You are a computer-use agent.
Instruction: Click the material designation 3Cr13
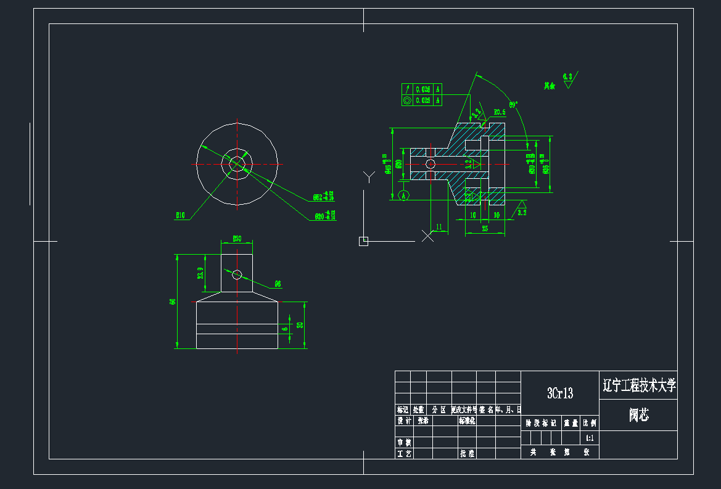point(559,393)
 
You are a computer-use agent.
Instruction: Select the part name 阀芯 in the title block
point(638,415)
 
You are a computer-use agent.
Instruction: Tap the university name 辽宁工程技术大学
point(638,386)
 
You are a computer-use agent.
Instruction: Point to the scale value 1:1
point(589,438)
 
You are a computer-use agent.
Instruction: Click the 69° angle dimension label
point(513,104)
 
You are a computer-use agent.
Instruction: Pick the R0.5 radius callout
point(500,112)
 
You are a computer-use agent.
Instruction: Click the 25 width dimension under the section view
point(485,229)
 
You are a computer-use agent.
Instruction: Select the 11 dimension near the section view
point(439,227)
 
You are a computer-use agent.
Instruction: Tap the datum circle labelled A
point(404,195)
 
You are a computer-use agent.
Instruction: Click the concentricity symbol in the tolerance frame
point(407,100)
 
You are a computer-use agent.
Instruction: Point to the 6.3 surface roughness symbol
point(567,78)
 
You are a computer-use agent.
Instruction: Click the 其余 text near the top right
point(549,86)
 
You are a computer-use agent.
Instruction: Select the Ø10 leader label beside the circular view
point(181,216)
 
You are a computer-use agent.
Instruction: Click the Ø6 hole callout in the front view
point(278,284)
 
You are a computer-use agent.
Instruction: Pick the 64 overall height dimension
point(173,302)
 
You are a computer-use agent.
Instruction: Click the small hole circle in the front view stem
point(237,275)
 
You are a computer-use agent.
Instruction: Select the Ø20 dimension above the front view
point(236,238)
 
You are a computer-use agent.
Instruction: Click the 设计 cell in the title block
point(404,421)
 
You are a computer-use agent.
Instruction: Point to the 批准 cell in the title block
point(467,453)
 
